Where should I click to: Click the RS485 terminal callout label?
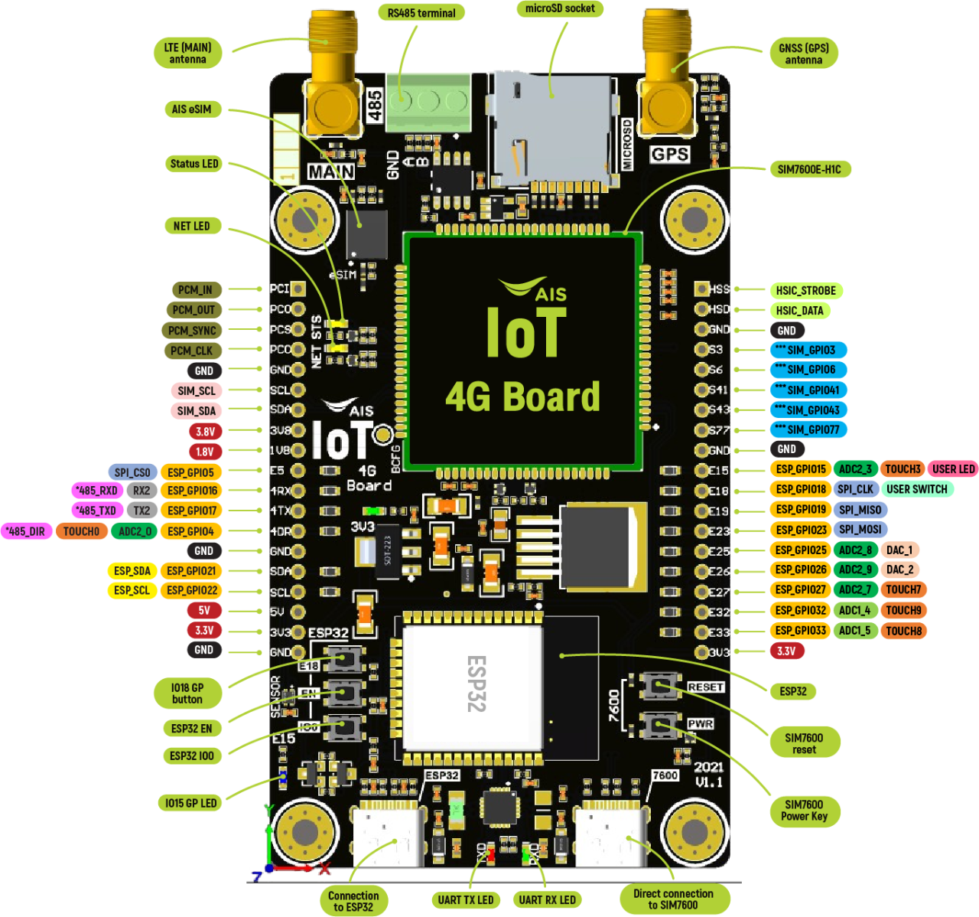[421, 12]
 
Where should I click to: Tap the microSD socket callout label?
[560, 8]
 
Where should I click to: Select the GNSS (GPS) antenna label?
[803, 54]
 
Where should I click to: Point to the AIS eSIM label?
[191, 109]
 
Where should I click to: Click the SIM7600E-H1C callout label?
[809, 169]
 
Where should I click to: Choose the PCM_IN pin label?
[195, 289]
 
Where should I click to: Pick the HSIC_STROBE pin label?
[805, 290]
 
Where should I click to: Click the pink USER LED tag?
[953, 468]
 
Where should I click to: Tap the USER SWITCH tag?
[916, 488]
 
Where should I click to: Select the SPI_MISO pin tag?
[860, 509]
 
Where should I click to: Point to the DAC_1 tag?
[899, 550]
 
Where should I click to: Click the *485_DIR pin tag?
[25, 530]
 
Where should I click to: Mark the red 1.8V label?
[204, 451]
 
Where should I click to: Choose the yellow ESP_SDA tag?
[132, 570]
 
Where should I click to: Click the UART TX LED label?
[465, 899]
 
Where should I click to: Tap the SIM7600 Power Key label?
[804, 810]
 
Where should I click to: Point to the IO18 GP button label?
[187, 693]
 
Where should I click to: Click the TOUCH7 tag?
[903, 589]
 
